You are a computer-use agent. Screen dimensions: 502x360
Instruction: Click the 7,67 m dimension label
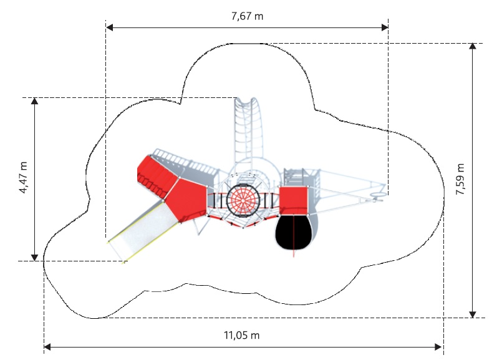pyautogui.click(x=247, y=16)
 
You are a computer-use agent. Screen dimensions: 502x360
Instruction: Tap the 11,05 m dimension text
pyautogui.click(x=242, y=335)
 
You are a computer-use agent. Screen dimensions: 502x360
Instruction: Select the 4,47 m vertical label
pyautogui.click(x=23, y=178)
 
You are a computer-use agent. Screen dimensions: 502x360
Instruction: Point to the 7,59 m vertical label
pyautogui.click(x=460, y=179)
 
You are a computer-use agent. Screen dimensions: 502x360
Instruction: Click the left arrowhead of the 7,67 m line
pyautogui.click(x=110, y=27)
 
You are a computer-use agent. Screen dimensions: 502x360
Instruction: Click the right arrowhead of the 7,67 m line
pyautogui.click(x=385, y=27)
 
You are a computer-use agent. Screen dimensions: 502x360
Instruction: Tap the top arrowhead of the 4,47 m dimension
pyautogui.click(x=34, y=101)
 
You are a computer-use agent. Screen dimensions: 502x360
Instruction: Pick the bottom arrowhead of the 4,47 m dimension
pyautogui.click(x=34, y=257)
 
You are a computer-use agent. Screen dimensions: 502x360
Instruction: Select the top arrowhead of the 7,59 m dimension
pyautogui.click(x=473, y=47)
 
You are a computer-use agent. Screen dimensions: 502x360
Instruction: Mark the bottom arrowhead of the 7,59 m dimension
pyautogui.click(x=473, y=314)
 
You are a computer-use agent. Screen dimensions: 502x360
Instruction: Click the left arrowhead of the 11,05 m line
pyautogui.click(x=47, y=347)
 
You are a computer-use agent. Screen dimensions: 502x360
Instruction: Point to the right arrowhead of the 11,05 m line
pyautogui.click(x=438, y=347)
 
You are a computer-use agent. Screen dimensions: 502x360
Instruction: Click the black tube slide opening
pyautogui.click(x=294, y=232)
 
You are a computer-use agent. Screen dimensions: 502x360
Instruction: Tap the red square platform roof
pyautogui.click(x=294, y=200)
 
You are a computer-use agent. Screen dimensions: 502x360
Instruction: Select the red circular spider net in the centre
pyautogui.click(x=243, y=200)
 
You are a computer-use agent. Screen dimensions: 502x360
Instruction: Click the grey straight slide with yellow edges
pyautogui.click(x=143, y=231)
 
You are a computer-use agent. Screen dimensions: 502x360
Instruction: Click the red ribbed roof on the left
pyautogui.click(x=157, y=176)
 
